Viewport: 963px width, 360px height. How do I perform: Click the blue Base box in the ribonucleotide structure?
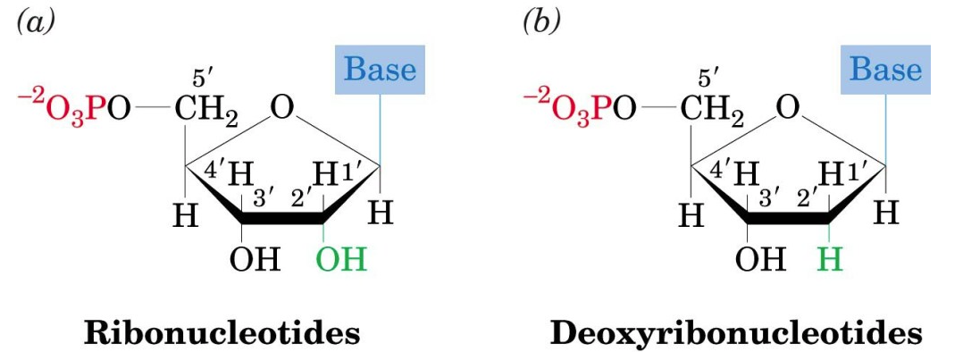point(380,69)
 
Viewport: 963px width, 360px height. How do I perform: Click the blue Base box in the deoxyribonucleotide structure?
point(885,69)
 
